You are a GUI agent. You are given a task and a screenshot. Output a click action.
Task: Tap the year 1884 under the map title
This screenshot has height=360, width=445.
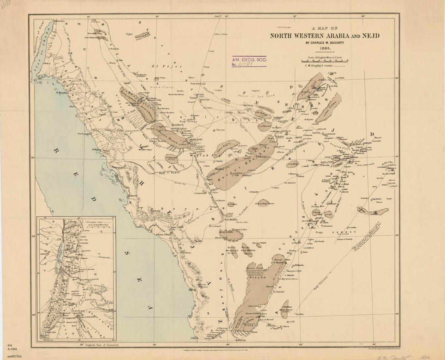point(325,47)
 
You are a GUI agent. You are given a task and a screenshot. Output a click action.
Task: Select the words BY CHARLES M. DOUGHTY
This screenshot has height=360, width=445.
point(325,41)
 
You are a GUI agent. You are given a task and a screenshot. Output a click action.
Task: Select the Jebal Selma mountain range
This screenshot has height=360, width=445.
point(328,107)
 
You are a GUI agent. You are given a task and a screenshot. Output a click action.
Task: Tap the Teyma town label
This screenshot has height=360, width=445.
point(193,97)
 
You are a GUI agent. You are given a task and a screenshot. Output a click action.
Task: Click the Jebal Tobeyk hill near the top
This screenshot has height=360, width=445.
point(142,35)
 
